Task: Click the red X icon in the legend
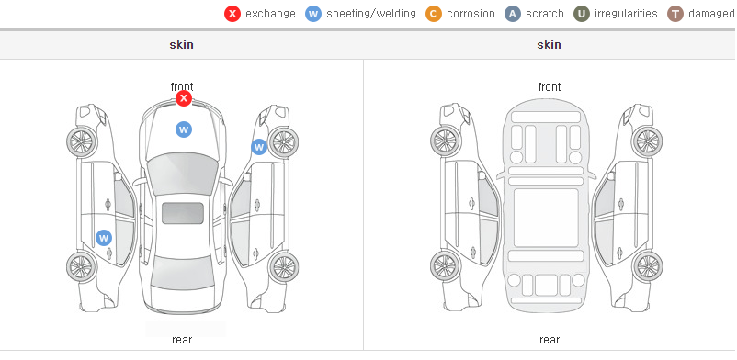(232, 14)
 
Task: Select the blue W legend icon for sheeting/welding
(313, 14)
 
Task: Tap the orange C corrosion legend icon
(434, 14)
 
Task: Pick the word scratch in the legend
(545, 14)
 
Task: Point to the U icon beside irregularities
(582, 14)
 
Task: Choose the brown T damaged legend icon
(675, 14)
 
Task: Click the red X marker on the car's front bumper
(184, 98)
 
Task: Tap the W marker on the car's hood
(184, 129)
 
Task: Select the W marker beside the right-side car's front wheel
(259, 147)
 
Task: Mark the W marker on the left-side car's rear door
(104, 238)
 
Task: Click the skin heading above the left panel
(181, 45)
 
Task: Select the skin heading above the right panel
(549, 45)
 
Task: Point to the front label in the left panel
(182, 87)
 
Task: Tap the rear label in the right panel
(550, 339)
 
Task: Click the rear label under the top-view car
(182, 339)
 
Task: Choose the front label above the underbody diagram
(550, 87)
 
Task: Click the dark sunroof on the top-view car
(183, 213)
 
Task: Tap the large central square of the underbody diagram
(546, 218)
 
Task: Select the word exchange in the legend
(270, 14)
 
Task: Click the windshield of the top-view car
(182, 174)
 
